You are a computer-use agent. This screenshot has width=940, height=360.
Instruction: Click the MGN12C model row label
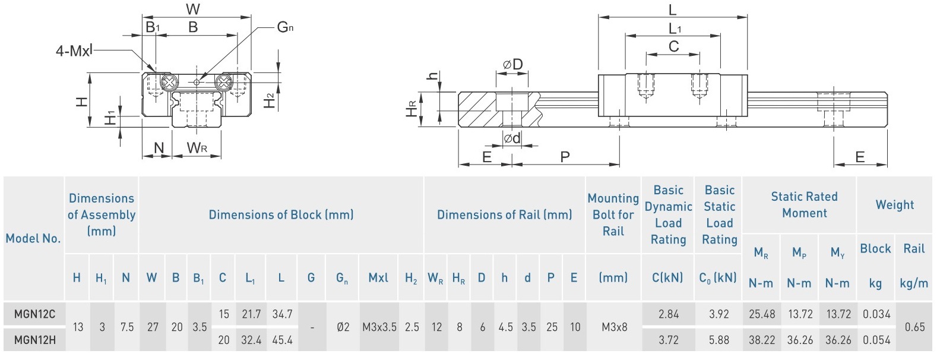[x=34, y=314]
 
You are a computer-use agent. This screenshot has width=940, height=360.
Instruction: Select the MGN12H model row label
[x=34, y=340]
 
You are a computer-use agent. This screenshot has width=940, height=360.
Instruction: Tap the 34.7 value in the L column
[x=282, y=314]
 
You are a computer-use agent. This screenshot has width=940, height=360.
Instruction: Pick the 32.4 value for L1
[x=251, y=340]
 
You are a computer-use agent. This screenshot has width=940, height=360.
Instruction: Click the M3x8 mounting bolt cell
[x=613, y=327]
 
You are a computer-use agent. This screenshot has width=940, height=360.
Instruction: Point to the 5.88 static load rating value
[x=719, y=340]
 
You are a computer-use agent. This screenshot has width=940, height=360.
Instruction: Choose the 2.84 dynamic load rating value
[x=668, y=314]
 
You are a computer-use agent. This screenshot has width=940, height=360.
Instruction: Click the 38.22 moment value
[x=761, y=340]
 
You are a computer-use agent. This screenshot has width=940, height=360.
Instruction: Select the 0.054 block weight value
[x=876, y=340]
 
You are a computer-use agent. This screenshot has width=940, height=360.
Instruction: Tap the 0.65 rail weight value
[x=914, y=327]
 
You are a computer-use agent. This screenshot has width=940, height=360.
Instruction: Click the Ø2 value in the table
[x=343, y=327]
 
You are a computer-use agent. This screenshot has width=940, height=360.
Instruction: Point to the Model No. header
[x=33, y=238]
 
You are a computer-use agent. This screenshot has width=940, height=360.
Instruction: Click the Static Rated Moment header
[x=804, y=204]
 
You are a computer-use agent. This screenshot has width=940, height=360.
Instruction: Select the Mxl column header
[x=378, y=277]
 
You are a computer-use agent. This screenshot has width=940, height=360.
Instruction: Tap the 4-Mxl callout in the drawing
[x=74, y=51]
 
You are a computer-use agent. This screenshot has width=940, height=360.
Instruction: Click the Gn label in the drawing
[x=285, y=27]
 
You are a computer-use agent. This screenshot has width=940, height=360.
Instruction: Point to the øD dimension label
[x=512, y=64]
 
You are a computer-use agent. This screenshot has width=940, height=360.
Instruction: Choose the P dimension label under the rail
[x=565, y=157]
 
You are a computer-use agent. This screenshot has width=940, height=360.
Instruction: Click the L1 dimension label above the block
[x=675, y=29]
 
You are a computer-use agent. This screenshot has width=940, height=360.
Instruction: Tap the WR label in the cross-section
[x=197, y=148]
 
